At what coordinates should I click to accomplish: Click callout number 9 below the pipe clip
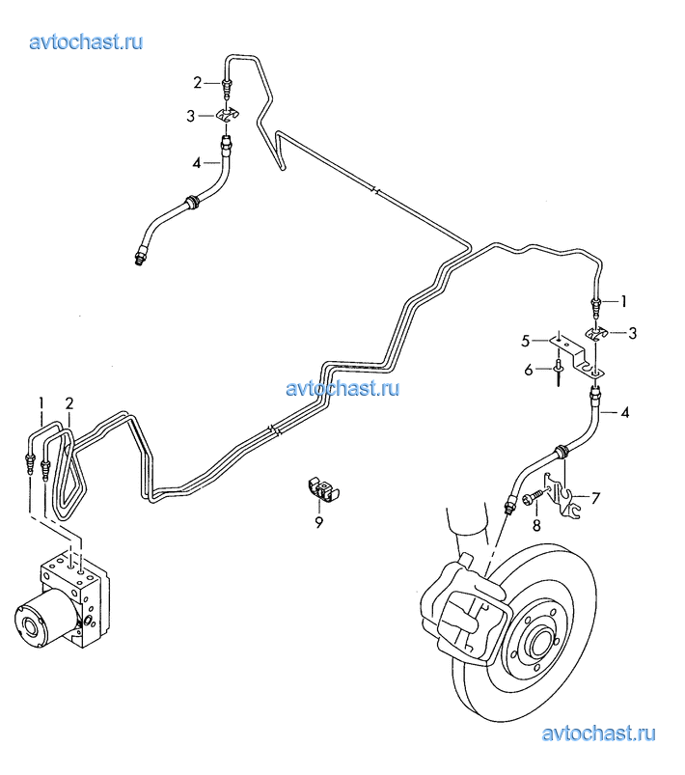(318, 522)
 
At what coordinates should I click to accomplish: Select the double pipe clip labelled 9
(321, 488)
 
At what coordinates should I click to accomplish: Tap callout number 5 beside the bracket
(526, 341)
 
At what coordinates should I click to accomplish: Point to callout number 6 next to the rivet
(529, 370)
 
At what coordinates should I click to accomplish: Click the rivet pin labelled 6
(558, 373)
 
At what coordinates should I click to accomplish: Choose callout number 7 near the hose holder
(595, 499)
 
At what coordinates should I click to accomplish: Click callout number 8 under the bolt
(536, 525)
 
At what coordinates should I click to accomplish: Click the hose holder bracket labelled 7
(562, 496)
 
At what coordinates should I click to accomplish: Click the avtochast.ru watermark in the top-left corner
(86, 42)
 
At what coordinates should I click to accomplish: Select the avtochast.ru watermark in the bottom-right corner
(598, 733)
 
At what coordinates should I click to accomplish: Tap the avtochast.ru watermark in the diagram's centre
(343, 389)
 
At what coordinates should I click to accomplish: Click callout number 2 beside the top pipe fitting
(197, 83)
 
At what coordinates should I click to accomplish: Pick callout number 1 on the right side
(623, 301)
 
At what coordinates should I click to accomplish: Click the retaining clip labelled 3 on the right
(597, 334)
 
